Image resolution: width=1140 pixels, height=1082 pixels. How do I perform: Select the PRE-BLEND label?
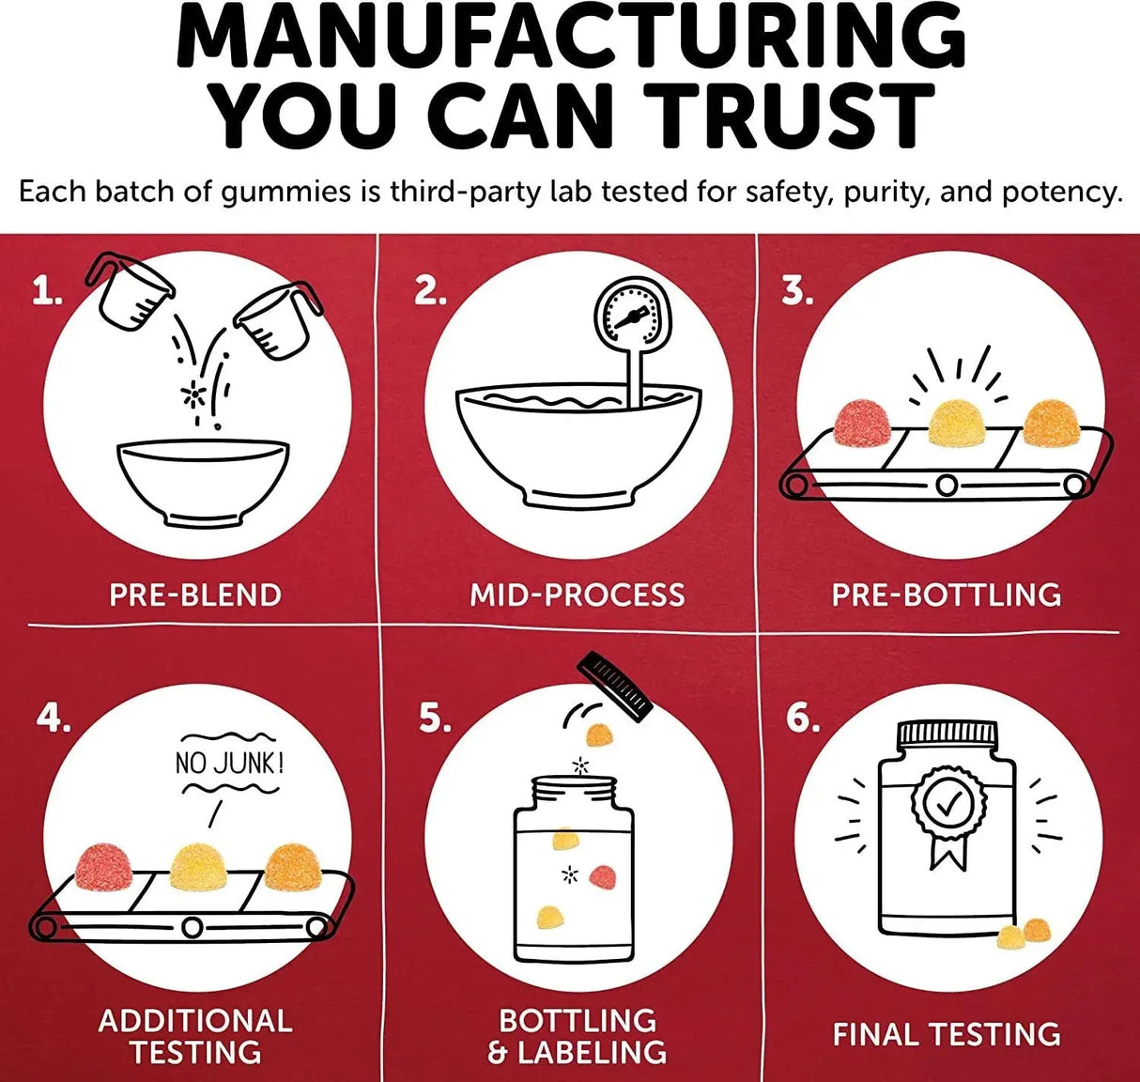click(195, 595)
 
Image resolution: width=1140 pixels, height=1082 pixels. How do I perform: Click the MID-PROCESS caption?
click(577, 595)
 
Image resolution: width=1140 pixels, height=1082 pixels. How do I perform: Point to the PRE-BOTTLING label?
click(947, 595)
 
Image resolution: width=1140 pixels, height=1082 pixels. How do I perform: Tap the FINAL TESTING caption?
click(947, 1034)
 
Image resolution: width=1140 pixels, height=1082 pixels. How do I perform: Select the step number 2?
click(430, 290)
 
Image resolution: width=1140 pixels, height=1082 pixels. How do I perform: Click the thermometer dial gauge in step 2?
click(632, 314)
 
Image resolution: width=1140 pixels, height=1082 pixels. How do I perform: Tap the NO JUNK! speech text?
click(230, 763)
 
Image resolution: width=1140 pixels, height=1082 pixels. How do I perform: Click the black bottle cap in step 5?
click(615, 687)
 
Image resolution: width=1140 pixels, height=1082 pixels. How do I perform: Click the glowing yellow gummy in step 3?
click(957, 425)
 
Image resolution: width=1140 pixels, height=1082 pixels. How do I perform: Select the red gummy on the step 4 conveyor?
click(104, 867)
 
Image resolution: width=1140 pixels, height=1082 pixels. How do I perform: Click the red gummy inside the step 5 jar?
click(603, 876)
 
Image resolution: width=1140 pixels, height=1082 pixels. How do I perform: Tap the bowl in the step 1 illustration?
click(203, 483)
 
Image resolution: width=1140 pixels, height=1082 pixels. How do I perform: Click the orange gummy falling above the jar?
click(599, 735)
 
